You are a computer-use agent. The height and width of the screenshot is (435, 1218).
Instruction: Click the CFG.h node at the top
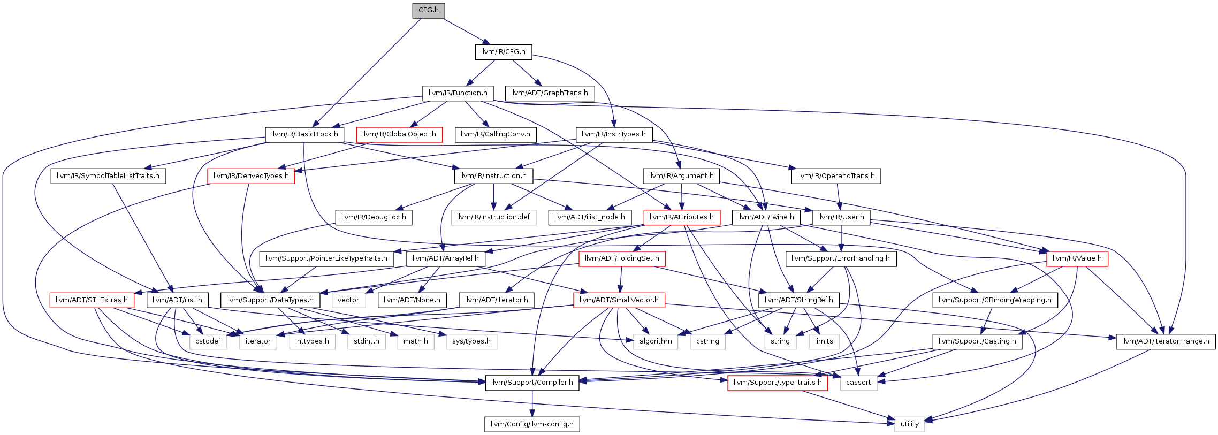point(428,10)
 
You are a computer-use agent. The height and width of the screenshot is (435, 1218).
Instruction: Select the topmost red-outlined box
point(399,135)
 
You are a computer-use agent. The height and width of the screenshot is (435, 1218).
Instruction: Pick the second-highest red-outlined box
point(251,176)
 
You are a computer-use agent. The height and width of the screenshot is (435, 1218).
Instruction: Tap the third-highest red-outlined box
point(682,218)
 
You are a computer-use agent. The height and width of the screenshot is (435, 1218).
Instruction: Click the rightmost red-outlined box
point(1077,259)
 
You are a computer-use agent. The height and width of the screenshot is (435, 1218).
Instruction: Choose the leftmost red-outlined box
point(92,300)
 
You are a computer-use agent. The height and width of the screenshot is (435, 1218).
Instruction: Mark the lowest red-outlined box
point(778,383)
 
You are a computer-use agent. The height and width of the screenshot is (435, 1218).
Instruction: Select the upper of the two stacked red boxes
point(622,259)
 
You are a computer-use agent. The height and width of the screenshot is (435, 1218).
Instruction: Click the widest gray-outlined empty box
point(493,218)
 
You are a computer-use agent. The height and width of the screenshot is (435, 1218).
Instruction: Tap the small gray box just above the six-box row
point(349,300)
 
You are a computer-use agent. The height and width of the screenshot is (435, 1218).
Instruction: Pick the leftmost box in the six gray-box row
point(208,342)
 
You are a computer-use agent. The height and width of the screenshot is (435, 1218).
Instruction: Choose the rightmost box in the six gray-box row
point(471,342)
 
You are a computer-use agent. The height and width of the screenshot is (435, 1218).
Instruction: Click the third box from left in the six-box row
point(313,342)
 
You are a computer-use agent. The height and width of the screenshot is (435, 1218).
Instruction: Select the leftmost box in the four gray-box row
point(656,342)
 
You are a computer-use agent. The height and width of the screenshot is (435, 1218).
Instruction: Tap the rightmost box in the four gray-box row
point(824,342)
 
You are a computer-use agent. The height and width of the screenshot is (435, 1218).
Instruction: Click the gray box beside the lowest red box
point(859,383)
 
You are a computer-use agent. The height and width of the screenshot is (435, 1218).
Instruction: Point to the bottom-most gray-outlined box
point(910,424)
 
